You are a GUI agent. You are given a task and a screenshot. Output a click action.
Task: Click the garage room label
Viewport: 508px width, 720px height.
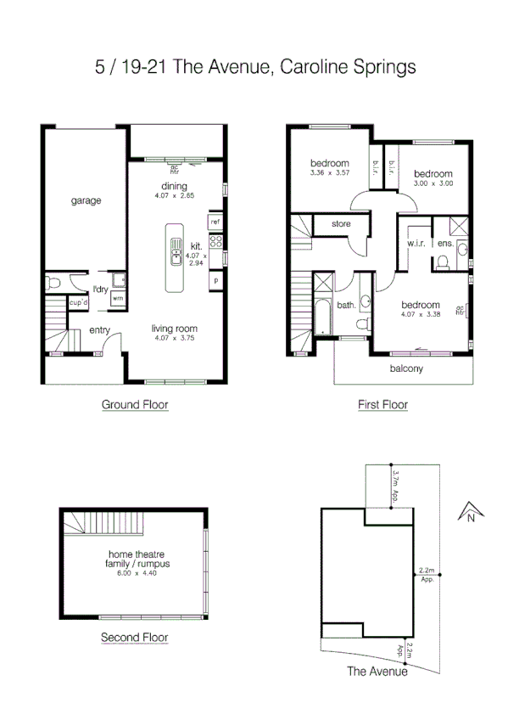pyautogui.click(x=86, y=201)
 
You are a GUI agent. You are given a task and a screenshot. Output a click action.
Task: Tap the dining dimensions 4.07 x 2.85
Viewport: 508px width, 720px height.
pyautogui.click(x=174, y=196)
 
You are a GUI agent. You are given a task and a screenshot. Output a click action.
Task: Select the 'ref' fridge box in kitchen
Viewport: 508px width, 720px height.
pyautogui.click(x=215, y=222)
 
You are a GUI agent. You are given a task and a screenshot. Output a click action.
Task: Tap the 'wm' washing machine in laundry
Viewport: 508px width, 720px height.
pyautogui.click(x=117, y=299)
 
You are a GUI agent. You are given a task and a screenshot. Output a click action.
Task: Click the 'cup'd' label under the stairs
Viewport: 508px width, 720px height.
pyautogui.click(x=80, y=301)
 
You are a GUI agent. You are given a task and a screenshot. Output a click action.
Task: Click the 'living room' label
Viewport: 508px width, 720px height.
pyautogui.click(x=175, y=329)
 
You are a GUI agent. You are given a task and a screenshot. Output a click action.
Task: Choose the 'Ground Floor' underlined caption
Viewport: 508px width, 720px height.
pyautogui.click(x=135, y=405)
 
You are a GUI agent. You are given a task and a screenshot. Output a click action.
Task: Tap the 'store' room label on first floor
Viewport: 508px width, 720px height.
pyautogui.click(x=341, y=225)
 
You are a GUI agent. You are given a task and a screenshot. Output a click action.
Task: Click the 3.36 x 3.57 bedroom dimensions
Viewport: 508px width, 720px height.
pyautogui.click(x=329, y=173)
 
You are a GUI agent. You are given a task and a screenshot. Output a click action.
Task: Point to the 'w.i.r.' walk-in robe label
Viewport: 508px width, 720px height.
pyautogui.click(x=416, y=243)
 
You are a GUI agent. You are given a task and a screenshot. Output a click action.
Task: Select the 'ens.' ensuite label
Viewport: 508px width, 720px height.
pyautogui.click(x=444, y=243)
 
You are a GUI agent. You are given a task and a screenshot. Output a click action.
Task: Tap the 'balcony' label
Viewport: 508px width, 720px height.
pyautogui.click(x=406, y=368)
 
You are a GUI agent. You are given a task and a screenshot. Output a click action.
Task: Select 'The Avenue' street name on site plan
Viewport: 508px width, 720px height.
pyautogui.click(x=377, y=671)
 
